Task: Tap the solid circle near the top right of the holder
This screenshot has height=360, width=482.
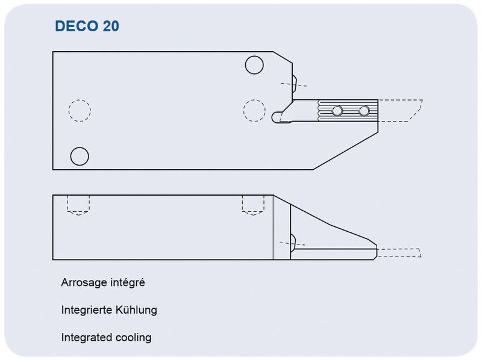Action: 254,64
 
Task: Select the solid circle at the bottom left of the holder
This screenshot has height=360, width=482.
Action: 80,156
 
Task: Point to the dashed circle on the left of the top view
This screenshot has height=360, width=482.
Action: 80,110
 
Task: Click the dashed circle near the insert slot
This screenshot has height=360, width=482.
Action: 254,110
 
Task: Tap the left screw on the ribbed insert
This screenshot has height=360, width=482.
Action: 337,111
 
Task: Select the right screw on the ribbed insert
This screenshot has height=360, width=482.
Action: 364,111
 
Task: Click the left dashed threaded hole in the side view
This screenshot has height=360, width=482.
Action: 79,205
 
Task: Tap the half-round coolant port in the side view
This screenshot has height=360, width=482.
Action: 293,241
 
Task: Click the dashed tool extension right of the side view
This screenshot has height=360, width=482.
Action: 399,252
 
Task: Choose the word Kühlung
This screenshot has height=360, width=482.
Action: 137,310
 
